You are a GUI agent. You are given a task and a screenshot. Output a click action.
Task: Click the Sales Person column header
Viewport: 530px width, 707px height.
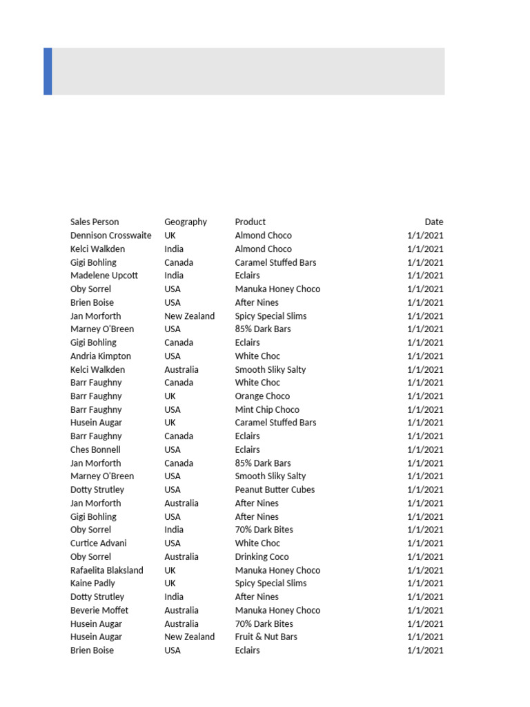pos(95,222)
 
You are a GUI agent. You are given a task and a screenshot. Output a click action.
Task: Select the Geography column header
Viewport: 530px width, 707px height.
pos(186,222)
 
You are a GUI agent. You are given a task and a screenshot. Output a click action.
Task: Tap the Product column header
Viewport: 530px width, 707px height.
pos(250,222)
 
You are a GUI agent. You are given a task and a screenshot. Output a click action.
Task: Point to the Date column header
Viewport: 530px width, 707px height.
pos(434,222)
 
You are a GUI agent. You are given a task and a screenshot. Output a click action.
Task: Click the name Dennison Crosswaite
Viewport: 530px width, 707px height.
pos(111,235)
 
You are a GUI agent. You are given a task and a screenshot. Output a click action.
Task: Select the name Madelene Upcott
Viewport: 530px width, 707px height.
pos(104,275)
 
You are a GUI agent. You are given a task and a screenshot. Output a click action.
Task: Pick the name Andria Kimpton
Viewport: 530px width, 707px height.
pos(101,356)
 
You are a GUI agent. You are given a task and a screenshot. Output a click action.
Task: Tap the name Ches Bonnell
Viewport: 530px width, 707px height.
pos(95,449)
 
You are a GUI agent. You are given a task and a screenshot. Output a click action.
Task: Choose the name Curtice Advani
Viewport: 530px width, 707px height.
pos(99,543)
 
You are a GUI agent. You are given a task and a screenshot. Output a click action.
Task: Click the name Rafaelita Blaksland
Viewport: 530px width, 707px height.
pos(107,570)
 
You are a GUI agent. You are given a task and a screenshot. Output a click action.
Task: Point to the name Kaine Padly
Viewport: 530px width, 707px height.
pos(92,583)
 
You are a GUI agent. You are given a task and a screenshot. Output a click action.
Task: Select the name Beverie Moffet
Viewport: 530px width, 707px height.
pos(99,610)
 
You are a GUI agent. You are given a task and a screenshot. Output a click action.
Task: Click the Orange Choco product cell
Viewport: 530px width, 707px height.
pos(262,396)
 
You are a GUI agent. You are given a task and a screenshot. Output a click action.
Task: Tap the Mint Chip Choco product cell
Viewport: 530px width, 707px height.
pos(267,409)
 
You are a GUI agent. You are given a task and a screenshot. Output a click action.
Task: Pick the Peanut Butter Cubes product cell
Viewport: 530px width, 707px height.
pos(275,490)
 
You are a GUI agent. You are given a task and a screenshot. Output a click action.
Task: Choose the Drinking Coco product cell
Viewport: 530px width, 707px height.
pos(262,556)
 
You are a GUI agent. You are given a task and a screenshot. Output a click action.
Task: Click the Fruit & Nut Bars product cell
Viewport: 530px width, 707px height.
pos(266,637)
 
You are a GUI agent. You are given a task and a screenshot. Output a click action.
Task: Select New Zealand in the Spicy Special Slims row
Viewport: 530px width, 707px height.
pos(189,316)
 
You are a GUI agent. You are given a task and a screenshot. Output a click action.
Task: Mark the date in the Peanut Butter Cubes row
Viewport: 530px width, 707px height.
pos(425,490)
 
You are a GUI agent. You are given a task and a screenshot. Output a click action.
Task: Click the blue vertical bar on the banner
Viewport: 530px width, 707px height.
pos(48,71)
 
